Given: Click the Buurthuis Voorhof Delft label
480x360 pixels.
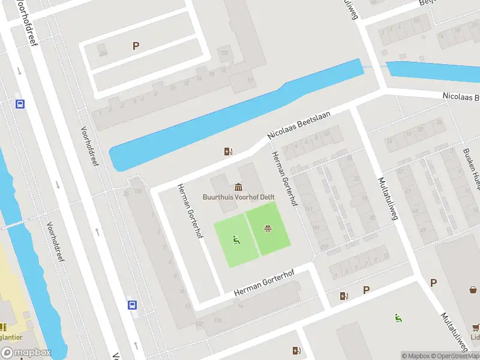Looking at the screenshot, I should tap(238, 196).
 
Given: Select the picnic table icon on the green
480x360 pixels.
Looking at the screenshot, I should tap(268, 229).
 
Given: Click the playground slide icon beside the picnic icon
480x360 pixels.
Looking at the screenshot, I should tap(236, 241).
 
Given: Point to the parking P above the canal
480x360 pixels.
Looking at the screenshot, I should tap(136, 46).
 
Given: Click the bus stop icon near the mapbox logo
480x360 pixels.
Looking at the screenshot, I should tap(132, 305).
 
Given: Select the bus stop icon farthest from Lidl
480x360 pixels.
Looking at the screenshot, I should tap(20, 104).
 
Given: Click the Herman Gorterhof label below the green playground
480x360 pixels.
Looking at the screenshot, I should tap(264, 283).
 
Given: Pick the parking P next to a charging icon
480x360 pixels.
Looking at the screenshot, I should tap(366, 290).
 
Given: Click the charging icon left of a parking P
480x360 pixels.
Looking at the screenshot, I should tap(344, 295).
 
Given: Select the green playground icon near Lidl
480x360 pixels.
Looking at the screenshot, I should tap(397, 317).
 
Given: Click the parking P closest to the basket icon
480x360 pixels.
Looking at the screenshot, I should tap(434, 282).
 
